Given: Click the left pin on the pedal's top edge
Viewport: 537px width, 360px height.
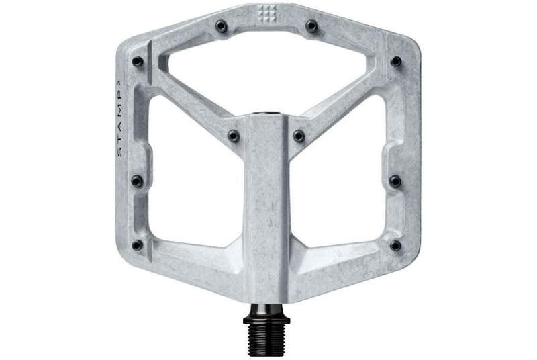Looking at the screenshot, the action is (x=222, y=26).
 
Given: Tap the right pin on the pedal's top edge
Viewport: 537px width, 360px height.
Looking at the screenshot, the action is (x=311, y=26).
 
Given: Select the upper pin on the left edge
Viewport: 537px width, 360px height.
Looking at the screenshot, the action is (x=138, y=62).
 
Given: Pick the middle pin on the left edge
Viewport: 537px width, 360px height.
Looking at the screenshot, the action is (x=138, y=181).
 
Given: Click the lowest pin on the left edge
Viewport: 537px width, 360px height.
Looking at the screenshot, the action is (x=137, y=245).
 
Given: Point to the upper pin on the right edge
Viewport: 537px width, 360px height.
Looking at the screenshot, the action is (x=396, y=61).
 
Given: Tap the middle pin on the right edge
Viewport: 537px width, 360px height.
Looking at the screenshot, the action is (x=395, y=181).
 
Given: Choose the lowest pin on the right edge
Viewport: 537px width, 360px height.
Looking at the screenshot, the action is (x=395, y=245).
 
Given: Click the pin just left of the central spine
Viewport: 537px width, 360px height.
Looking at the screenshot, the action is (x=234, y=136).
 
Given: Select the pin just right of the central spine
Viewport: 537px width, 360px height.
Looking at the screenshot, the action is (x=299, y=136).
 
